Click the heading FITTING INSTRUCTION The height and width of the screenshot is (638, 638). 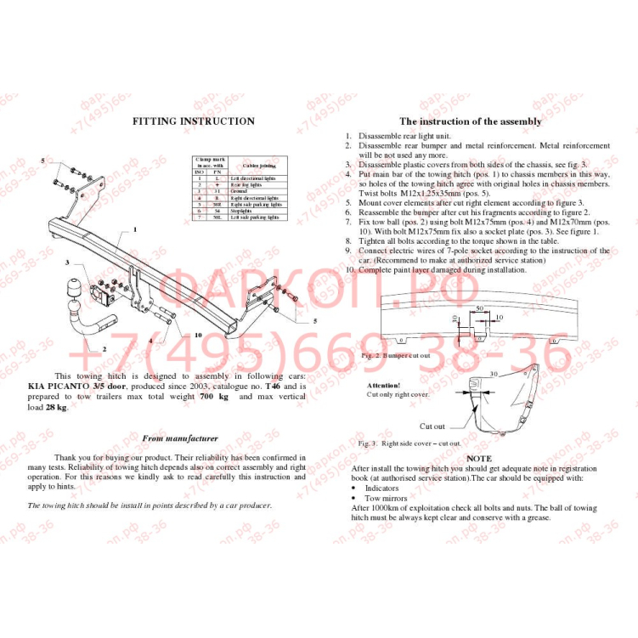coord(193,121)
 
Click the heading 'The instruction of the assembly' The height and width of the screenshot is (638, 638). coord(470,121)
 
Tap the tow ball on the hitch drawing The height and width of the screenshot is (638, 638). coord(80,290)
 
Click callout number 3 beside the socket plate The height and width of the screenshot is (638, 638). coord(66,263)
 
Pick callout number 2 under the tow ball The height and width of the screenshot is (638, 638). coord(104,348)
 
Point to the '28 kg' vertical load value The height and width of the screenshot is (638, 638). coord(54,407)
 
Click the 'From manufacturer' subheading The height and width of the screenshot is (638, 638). coord(179,438)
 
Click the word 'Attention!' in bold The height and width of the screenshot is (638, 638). coord(383,385)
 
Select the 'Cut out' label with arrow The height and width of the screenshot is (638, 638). coord(432,426)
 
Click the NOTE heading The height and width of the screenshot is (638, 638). coord(479,459)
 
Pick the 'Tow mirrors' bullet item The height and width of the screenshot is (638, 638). coord(387,498)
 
